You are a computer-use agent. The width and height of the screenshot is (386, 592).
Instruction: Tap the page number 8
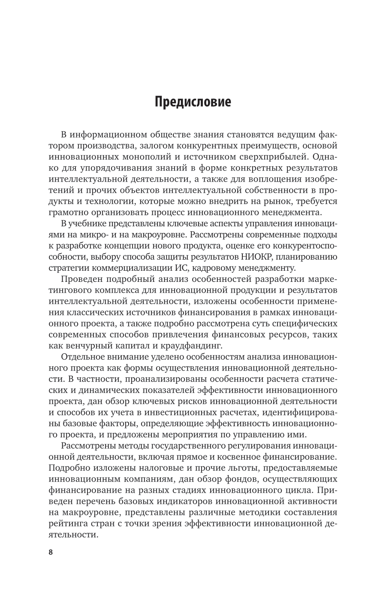[x=51, y=552]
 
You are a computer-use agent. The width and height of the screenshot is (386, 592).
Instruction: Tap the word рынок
[x=272, y=201]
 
